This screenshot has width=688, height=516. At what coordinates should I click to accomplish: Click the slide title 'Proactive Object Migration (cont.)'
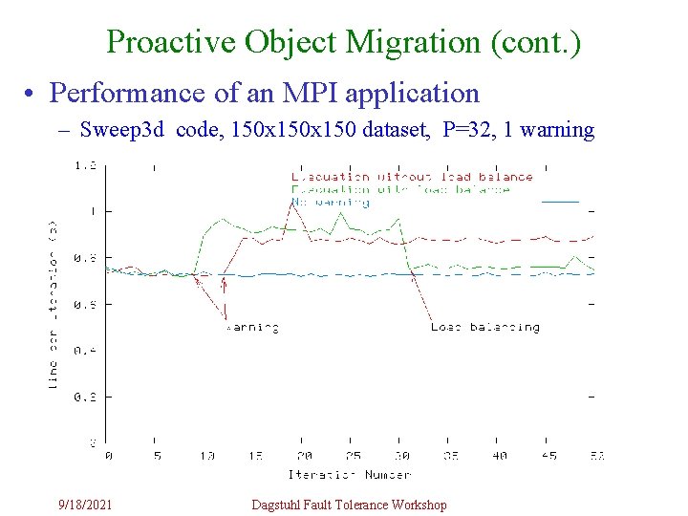pos(343,42)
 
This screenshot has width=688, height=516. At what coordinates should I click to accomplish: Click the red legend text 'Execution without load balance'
pos(412,177)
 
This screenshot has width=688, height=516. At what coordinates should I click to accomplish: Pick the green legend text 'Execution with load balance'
pos(400,189)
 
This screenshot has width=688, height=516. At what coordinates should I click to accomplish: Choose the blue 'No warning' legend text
pos(330,202)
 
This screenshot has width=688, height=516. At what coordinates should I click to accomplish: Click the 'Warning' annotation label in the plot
pos(252,328)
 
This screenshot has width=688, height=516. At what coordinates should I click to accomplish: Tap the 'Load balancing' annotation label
pos(484,328)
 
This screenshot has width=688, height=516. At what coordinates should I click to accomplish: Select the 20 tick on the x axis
pos(304,457)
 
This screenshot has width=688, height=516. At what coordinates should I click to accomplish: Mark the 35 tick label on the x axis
pos(451,457)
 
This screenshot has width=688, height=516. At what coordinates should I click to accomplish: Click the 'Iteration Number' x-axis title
pos(349,474)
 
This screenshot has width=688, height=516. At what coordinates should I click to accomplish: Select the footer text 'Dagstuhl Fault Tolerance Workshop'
pos(349,505)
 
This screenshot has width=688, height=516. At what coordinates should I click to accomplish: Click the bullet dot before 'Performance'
pos(32,94)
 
